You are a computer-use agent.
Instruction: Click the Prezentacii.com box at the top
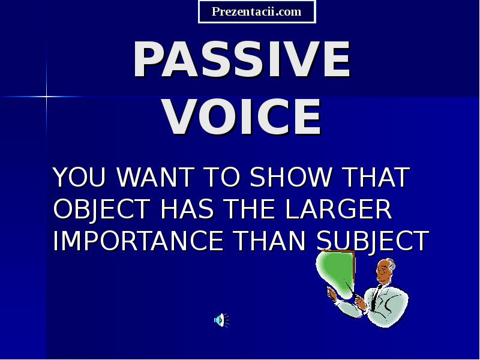(257, 11)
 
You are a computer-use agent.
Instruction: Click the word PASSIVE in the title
(241, 60)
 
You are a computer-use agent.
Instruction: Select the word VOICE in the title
(242, 117)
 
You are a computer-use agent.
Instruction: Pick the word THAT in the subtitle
(375, 178)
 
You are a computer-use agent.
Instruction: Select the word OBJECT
(101, 209)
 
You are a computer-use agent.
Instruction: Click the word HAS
(186, 209)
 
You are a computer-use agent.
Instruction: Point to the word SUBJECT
(373, 241)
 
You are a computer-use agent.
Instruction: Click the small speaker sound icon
(221, 320)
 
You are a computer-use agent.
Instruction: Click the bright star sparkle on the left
(46, 96)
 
